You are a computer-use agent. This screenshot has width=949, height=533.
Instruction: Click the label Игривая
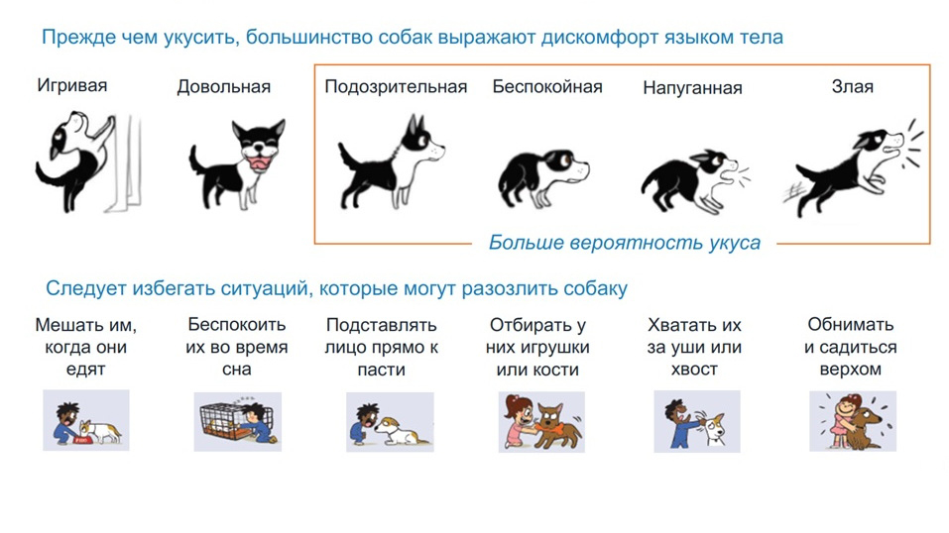click(x=72, y=85)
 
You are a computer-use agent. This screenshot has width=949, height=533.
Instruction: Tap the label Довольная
click(x=223, y=86)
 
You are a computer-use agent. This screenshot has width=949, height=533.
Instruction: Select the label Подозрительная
click(x=396, y=86)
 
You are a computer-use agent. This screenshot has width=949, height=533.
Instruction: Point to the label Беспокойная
click(x=547, y=86)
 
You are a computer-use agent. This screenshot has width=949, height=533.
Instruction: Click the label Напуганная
click(x=692, y=88)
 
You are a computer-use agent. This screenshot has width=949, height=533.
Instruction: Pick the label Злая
click(x=852, y=86)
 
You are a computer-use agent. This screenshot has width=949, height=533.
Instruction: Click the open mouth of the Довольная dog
click(x=261, y=161)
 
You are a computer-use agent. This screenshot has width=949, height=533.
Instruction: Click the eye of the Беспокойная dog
click(x=567, y=160)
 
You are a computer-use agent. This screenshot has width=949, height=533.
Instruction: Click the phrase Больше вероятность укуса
click(x=624, y=243)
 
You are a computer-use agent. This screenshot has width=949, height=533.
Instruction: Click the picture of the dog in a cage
click(x=237, y=422)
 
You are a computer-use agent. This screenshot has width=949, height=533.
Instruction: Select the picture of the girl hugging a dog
click(x=853, y=421)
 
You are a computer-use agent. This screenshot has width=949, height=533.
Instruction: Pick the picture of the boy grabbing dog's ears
click(x=696, y=421)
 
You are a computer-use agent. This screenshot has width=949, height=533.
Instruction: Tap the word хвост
click(x=694, y=370)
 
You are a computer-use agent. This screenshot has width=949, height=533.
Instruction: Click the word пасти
click(x=382, y=370)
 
